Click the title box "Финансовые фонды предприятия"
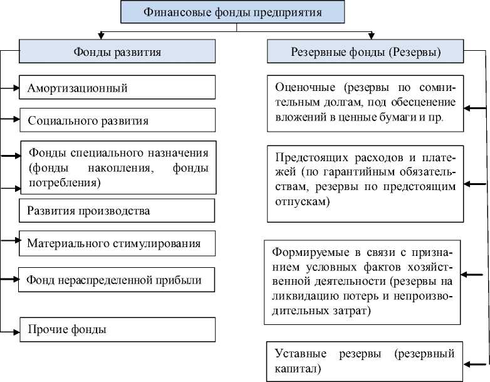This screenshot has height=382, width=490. (x=232, y=12)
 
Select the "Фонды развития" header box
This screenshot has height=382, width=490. (x=117, y=51)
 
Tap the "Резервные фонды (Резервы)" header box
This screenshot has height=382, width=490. (x=365, y=51)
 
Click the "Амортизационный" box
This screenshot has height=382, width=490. (x=117, y=87)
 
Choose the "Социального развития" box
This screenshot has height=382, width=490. (x=118, y=120)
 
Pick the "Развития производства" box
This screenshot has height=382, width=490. (x=117, y=211)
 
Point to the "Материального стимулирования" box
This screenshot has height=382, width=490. (x=117, y=243)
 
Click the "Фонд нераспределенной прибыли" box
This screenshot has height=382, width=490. (x=117, y=280)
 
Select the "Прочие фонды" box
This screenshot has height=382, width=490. (x=118, y=330)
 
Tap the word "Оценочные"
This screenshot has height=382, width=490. (x=305, y=88)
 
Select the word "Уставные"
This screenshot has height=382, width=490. (x=301, y=354)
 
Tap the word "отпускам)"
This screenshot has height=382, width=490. (x=303, y=202)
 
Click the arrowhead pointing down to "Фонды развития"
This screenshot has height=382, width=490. (x=101, y=36)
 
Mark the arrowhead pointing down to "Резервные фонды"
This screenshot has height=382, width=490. (x=371, y=36)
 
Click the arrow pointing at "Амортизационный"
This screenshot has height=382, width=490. (x=9, y=88)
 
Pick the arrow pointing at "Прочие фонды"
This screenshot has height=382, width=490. (x=10, y=332)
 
